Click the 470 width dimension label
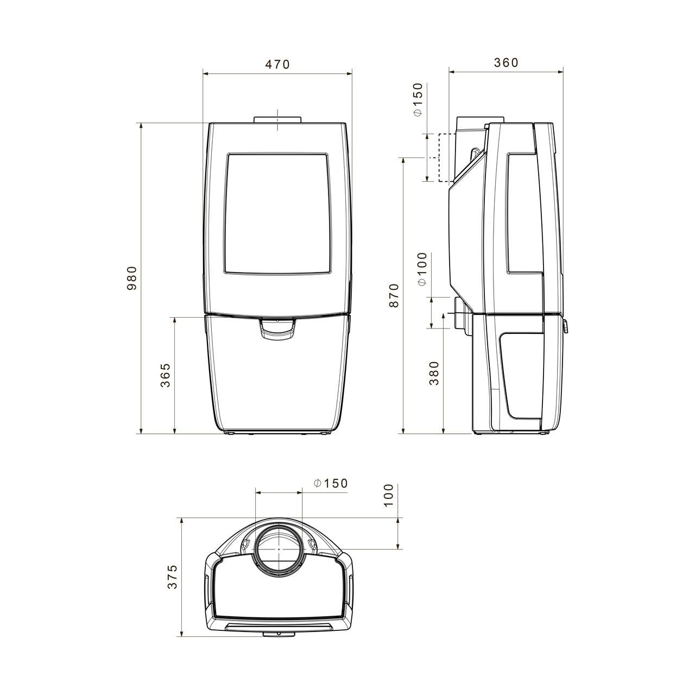pos(277,64)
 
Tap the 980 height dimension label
pos(132,278)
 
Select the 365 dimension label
pos(165,375)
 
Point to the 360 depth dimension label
pos(506,62)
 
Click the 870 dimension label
pos(394,296)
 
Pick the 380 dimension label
pos(434,373)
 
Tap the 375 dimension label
pos(173,577)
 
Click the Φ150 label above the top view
pos(330,483)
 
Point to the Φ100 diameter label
pos(422,269)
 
